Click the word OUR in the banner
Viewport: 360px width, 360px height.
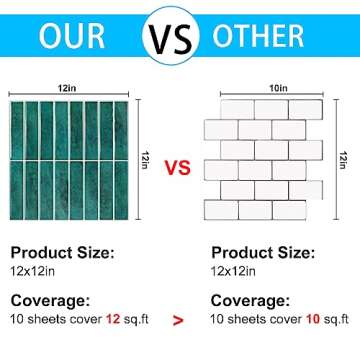[72, 36]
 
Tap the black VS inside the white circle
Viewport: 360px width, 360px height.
[170, 36]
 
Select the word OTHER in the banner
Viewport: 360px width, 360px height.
[258, 36]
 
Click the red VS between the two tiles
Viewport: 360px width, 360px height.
[178, 168]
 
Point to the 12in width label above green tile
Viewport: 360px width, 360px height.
[68, 89]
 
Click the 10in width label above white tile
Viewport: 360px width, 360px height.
[278, 89]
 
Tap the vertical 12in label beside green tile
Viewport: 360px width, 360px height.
[144, 160]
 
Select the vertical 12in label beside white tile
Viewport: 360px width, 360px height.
[342, 160]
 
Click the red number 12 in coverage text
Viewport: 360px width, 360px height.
[113, 319]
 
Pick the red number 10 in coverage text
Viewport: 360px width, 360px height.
[313, 319]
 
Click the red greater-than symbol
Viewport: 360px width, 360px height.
[178, 321]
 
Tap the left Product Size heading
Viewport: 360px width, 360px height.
[63, 253]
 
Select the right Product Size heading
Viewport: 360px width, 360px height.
[263, 253]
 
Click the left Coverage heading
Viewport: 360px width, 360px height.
[50, 301]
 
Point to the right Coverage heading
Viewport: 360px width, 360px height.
[250, 301]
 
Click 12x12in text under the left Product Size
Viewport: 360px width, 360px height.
[33, 271]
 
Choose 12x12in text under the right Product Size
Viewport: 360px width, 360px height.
[233, 271]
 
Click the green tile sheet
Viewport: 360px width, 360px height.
[69, 160]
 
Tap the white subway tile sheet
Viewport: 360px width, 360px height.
[263, 160]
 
